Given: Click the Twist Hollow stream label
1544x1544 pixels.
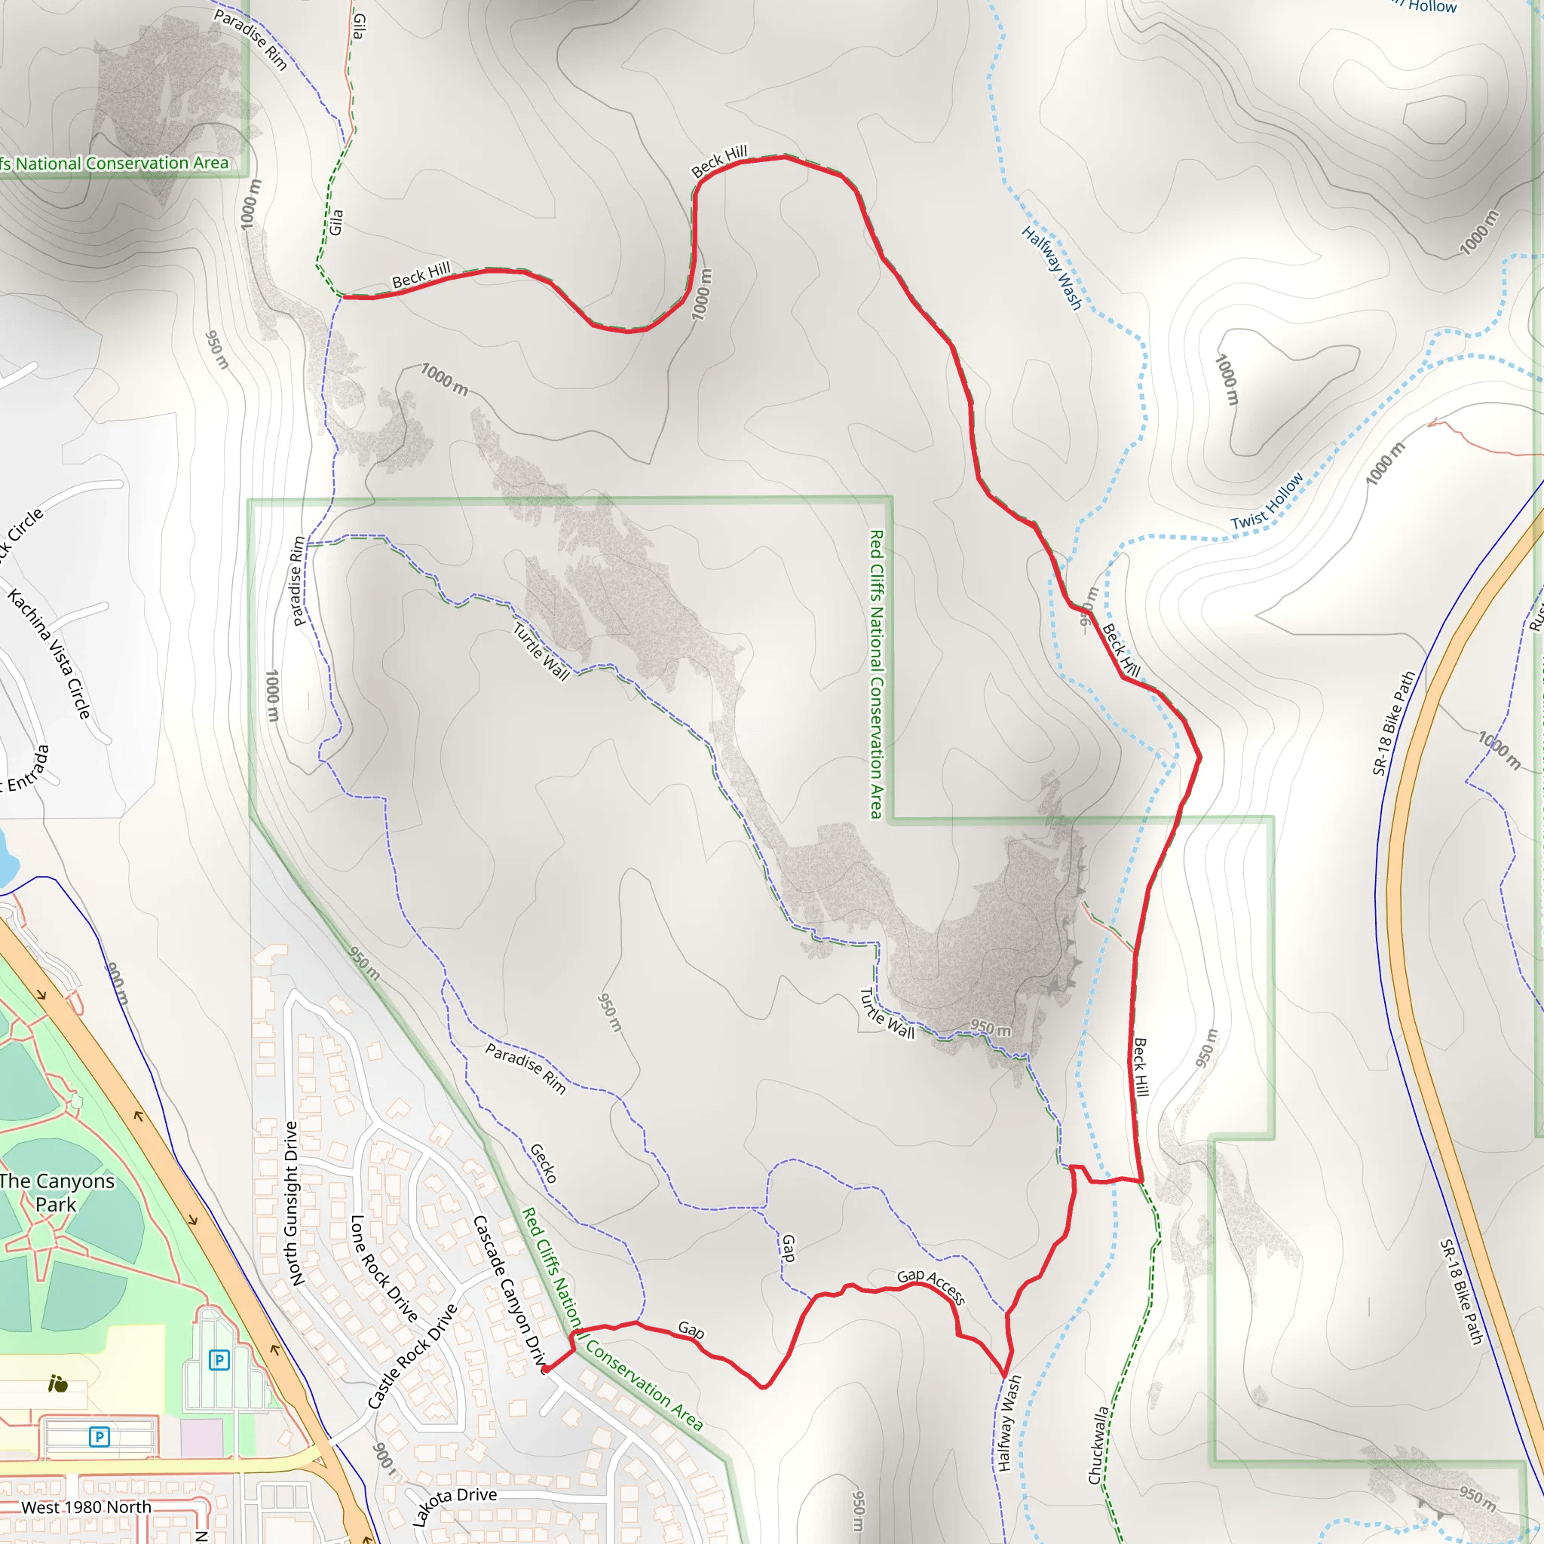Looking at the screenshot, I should [1267, 502].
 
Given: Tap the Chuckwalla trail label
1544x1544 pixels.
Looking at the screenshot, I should [1099, 1445].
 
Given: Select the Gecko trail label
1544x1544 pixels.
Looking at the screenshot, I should [544, 1163].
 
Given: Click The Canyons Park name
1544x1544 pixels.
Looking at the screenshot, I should [56, 1193].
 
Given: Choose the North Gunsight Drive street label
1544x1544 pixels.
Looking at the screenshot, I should [291, 1203].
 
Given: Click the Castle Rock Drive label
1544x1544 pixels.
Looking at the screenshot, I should [412, 1356].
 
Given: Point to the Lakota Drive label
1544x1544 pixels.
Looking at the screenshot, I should [455, 1506].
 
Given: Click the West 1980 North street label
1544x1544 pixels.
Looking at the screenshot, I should [86, 1507].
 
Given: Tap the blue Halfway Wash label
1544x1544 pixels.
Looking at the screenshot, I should [1052, 268].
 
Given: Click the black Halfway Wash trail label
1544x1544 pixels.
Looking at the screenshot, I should [1009, 1423].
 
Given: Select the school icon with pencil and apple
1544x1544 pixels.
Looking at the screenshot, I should [57, 1384].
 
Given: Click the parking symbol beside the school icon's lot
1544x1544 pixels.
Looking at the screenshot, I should [219, 1359].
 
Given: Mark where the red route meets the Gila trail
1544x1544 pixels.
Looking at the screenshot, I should [342, 296].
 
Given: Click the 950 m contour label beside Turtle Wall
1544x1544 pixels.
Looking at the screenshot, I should [990, 1028].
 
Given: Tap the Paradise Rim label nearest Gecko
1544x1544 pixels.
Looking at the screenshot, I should [525, 1068].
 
